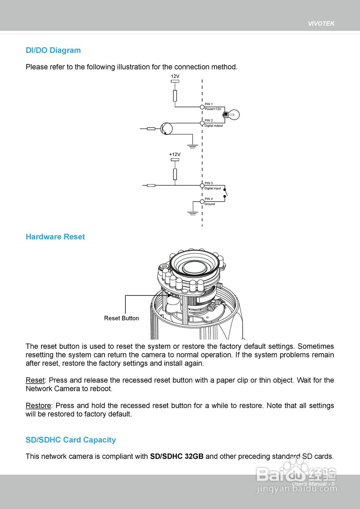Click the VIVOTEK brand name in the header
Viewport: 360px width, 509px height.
321,23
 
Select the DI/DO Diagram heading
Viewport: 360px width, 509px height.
53,51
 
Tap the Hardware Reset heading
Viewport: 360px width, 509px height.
55,237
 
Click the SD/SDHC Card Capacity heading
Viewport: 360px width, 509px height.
71,440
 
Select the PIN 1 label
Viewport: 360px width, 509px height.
209,104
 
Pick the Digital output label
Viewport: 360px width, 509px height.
214,126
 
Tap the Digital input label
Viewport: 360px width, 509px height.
213,188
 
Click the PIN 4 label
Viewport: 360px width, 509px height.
209,199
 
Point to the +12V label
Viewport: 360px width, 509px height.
175,154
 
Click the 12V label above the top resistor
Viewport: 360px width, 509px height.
175,76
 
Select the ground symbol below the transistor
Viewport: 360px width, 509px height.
193,146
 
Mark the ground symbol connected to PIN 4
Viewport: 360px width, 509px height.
193,214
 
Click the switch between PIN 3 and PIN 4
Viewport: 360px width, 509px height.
226,193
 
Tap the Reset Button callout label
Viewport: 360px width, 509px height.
121,319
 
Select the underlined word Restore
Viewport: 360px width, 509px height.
38,406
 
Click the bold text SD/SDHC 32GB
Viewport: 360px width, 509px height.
177,457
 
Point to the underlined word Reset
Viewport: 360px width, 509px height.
35,381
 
